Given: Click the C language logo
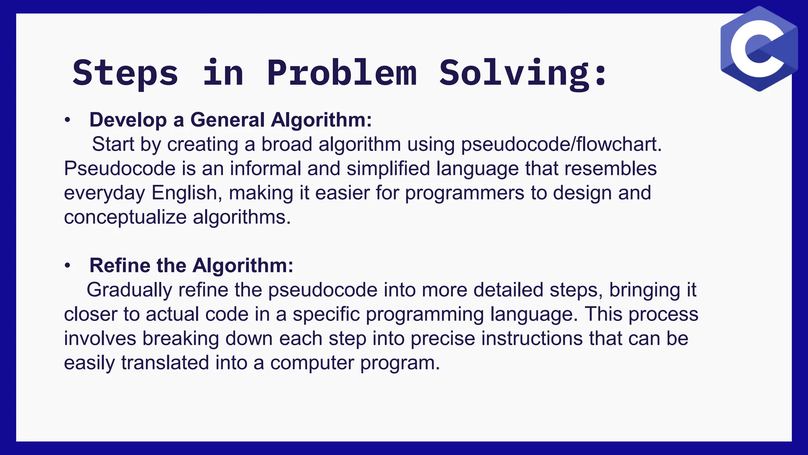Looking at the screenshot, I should [x=759, y=49].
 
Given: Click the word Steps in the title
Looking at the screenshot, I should [x=125, y=73].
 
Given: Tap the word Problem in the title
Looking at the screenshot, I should [x=342, y=73].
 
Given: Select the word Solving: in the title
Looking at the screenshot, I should [x=523, y=73].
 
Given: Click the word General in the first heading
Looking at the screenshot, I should [x=227, y=120].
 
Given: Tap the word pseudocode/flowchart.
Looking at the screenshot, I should [x=561, y=145].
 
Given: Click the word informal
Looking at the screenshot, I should [x=266, y=169].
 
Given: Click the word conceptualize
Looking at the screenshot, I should [x=125, y=217].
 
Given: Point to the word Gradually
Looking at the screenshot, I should [x=129, y=290].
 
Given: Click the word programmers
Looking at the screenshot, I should [x=465, y=194].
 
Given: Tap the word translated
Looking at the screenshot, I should [x=165, y=363].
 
